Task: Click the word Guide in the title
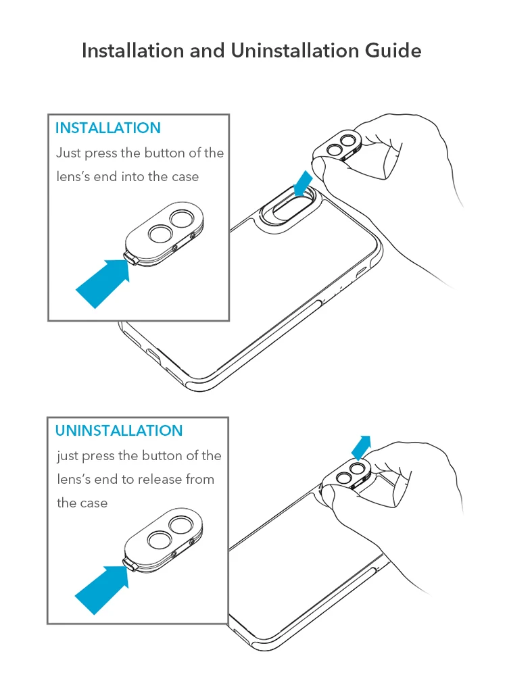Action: (x=393, y=51)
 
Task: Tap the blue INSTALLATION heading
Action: (x=108, y=128)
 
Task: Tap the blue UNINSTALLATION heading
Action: (x=119, y=430)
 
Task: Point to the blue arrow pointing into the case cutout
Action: (x=302, y=183)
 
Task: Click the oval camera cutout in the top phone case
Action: (x=288, y=209)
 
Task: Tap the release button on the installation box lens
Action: (x=131, y=259)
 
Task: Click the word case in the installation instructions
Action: (x=185, y=176)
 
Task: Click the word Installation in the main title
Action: (x=132, y=51)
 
